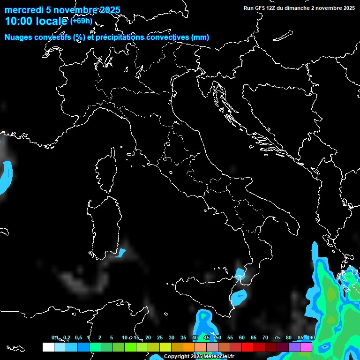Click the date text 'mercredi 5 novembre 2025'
[x=62, y=10]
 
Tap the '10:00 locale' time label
[x=37, y=21]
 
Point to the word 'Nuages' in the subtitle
[x=19, y=37]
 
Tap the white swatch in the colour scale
[x=48, y=347]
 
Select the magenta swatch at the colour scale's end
[x=306, y=347]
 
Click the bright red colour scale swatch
[x=247, y=347]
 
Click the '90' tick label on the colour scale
[x=312, y=337]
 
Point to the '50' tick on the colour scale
[x=218, y=337]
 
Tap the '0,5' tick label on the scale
[x=78, y=337]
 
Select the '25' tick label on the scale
[x=160, y=337]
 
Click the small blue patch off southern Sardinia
[x=121, y=253]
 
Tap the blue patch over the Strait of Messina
[x=240, y=274]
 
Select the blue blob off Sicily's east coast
[x=239, y=296]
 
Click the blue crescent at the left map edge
[x=6, y=176]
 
